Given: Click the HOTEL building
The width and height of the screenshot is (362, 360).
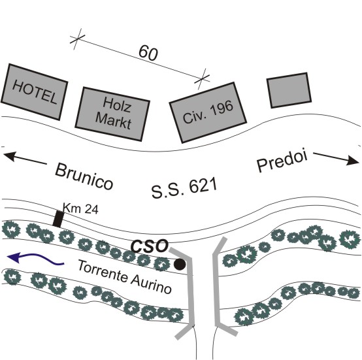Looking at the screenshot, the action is tap(34, 92).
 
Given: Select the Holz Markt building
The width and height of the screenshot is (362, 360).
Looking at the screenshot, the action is tap(112, 114).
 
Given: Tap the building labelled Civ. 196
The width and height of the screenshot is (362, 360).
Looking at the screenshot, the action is tap(208, 112).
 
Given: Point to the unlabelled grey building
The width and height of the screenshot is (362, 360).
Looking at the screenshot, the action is tap(289, 90).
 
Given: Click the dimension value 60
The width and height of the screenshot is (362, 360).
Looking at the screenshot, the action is tap(148, 53).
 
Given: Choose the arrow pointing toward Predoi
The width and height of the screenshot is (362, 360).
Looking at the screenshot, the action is tap(337, 158).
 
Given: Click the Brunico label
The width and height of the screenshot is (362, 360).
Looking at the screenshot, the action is tap(84, 176).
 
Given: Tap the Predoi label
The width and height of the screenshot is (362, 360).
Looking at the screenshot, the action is tap(282, 161).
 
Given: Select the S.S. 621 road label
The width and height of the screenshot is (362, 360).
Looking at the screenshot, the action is tap(184, 188).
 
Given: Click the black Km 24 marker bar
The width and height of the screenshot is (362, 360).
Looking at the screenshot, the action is tap(58, 219).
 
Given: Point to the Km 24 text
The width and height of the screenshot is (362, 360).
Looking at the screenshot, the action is tap(80, 208).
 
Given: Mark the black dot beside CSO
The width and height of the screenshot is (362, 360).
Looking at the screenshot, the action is tap(180, 265).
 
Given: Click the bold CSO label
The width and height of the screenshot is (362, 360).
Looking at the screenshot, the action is tap(150, 246).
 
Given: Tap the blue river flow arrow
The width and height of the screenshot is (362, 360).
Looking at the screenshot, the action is tap(35, 258).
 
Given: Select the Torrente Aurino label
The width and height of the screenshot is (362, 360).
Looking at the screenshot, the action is tap(125, 276).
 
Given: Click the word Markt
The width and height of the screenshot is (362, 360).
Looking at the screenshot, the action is tap(113, 122).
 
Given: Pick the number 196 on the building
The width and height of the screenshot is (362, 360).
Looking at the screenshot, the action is tap(222, 108).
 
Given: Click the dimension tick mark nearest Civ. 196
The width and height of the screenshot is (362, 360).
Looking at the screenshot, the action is tap(203, 79).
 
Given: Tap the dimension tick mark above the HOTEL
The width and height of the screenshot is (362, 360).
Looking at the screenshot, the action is tap(77, 39).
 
